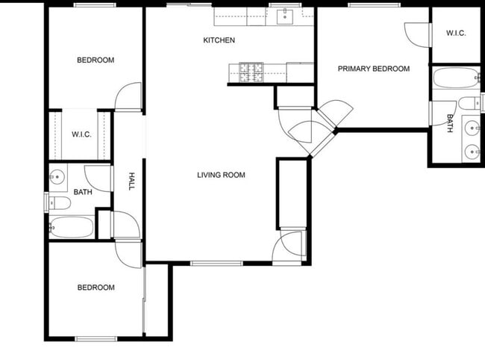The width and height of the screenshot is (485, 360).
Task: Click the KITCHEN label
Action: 219,40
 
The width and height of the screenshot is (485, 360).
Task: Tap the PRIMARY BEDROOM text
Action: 374,69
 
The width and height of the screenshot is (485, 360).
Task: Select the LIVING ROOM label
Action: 221,176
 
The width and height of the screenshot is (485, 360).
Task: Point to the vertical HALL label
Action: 132,181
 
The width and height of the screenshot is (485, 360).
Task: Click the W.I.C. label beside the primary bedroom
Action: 456,33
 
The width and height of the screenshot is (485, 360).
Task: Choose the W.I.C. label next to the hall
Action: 81,134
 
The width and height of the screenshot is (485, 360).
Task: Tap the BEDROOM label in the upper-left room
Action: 96,60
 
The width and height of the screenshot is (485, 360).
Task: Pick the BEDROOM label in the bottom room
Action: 96,288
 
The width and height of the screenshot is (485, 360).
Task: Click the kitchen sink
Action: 284,16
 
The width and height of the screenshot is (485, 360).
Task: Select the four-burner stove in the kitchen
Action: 251,72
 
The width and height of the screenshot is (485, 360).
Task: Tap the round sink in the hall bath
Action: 57,177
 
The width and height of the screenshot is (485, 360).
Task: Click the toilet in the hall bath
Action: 60,202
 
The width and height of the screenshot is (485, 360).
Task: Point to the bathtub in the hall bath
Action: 72,227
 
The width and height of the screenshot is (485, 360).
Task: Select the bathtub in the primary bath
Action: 456,78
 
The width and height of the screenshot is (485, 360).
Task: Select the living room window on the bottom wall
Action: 216,263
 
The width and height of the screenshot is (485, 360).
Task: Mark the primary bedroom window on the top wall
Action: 371,6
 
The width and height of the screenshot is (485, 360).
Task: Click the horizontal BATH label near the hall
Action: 82,192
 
